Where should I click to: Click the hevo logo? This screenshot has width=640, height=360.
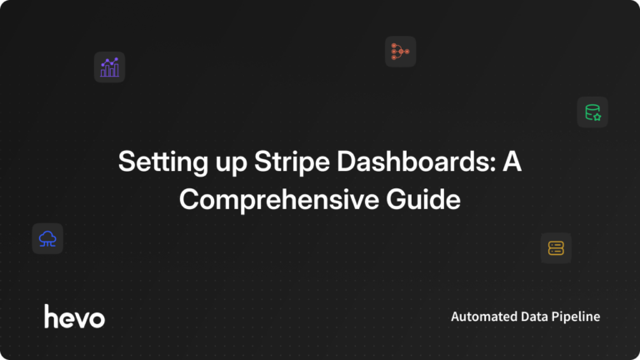(74, 316)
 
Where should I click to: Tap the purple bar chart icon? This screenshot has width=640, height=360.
(109, 67)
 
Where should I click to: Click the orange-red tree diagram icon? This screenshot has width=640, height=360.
(400, 52)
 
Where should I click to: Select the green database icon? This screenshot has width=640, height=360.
(592, 112)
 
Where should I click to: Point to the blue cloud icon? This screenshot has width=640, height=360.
(47, 238)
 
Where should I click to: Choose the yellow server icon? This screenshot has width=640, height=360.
(556, 247)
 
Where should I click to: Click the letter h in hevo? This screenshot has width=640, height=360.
(51, 315)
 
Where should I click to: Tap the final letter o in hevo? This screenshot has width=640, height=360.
(97, 317)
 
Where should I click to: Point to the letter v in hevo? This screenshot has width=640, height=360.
(82, 317)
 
